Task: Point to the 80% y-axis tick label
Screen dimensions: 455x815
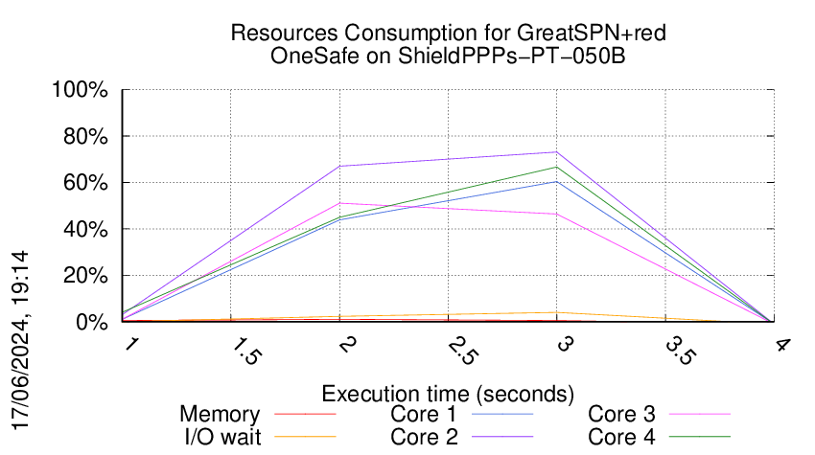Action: click(84, 136)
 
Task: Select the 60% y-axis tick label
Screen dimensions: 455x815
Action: click(84, 183)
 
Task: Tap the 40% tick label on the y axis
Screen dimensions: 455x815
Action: click(84, 229)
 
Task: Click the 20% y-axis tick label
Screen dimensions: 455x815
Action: click(84, 276)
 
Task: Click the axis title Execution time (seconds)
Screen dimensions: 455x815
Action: click(448, 394)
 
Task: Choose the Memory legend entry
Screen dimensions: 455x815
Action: click(220, 415)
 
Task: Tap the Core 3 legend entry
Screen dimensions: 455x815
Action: click(621, 415)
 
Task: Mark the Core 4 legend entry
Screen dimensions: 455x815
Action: click(621, 437)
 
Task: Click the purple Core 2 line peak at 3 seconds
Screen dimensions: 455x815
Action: click(557, 152)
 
